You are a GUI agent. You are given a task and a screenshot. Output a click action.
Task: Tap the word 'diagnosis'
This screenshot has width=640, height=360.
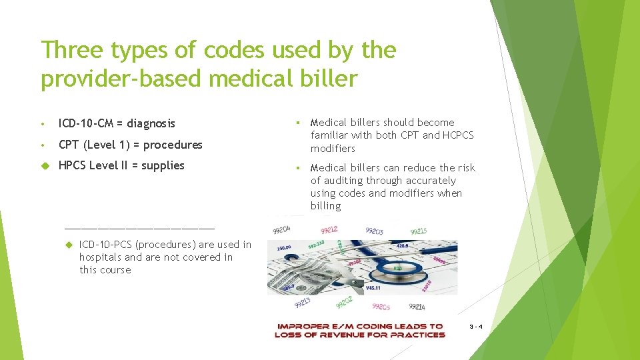151,123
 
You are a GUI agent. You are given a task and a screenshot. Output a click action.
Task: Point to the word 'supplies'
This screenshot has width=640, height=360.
163,165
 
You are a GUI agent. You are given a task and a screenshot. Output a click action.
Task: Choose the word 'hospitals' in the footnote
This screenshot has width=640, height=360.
101,257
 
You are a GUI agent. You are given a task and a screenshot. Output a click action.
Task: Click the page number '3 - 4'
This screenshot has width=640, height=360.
475,327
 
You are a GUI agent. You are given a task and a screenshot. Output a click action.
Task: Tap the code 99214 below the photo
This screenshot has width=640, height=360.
416,307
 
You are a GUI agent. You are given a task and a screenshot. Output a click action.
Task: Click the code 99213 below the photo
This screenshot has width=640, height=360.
302,303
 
